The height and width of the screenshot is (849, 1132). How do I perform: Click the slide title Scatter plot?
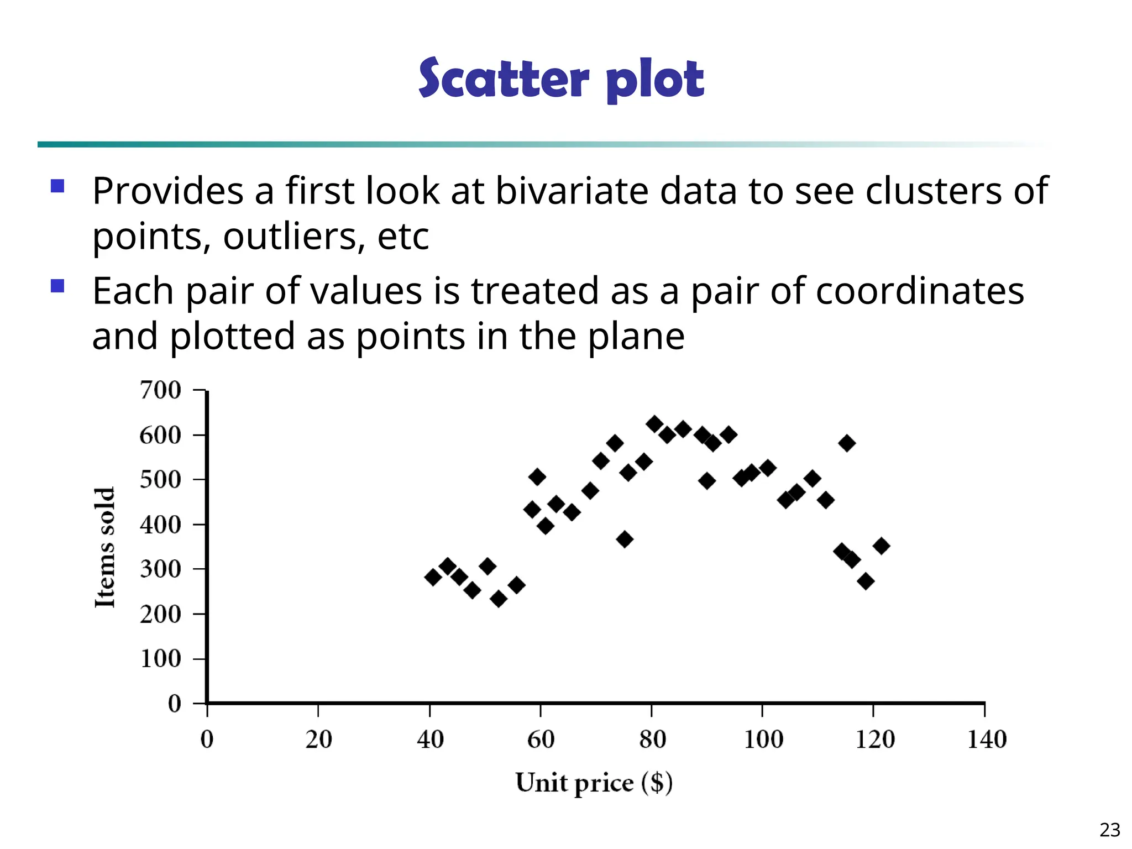pos(561,78)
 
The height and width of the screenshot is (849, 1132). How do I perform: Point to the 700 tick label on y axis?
pos(160,390)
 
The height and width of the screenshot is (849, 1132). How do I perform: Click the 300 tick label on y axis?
pos(160,569)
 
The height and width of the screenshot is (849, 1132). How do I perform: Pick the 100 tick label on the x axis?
pos(763,740)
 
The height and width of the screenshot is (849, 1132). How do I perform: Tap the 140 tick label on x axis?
pos(986,740)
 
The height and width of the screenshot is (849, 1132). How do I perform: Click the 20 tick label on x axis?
pos(318,740)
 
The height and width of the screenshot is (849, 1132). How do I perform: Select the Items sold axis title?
pos(105,547)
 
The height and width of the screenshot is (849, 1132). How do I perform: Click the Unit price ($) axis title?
pos(594,783)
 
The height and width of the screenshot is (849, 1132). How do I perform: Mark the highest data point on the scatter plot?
pos(654,424)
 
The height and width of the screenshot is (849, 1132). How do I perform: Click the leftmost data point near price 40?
pos(433,577)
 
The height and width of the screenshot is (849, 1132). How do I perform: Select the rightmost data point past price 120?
pos(882,546)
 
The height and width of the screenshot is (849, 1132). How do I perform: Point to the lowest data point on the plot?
pos(499,599)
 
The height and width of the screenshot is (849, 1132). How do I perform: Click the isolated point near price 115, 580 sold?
pos(847,443)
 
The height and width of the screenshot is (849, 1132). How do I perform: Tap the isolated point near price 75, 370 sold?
pos(625,539)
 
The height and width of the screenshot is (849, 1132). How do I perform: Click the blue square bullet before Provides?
pos(57,186)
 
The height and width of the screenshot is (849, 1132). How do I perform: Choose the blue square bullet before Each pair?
pos(57,286)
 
